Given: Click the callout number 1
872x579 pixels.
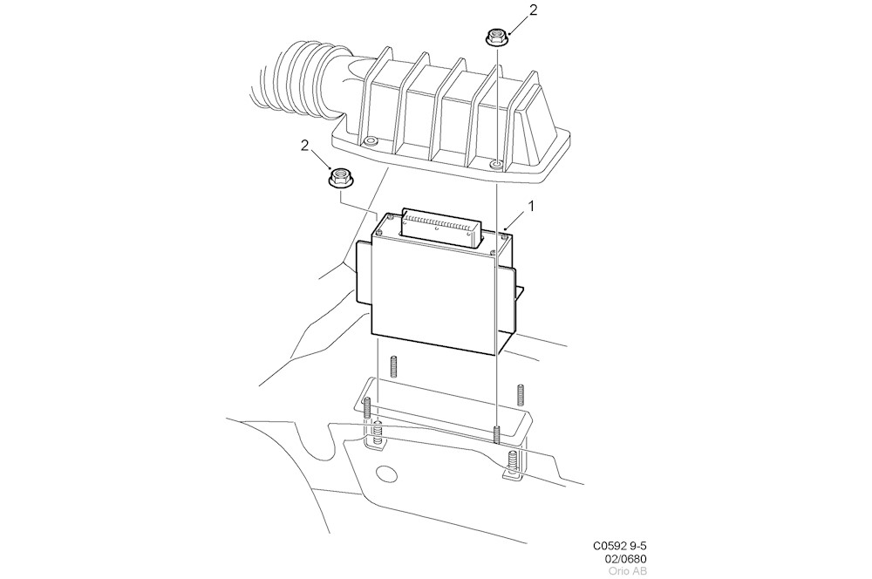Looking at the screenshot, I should coord(531,207).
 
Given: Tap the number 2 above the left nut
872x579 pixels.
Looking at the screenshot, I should coord(304,146).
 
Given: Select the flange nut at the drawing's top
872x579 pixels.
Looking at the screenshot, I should coord(495,37).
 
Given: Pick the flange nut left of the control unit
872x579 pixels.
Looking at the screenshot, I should coord(339,179).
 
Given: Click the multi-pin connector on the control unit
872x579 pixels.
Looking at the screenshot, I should coord(441,226).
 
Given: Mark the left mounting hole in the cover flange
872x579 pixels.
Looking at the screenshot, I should coord(371,141).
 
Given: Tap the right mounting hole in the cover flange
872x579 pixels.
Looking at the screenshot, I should coord(495,163).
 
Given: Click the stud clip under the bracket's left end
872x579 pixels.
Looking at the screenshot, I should coord(378,434).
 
